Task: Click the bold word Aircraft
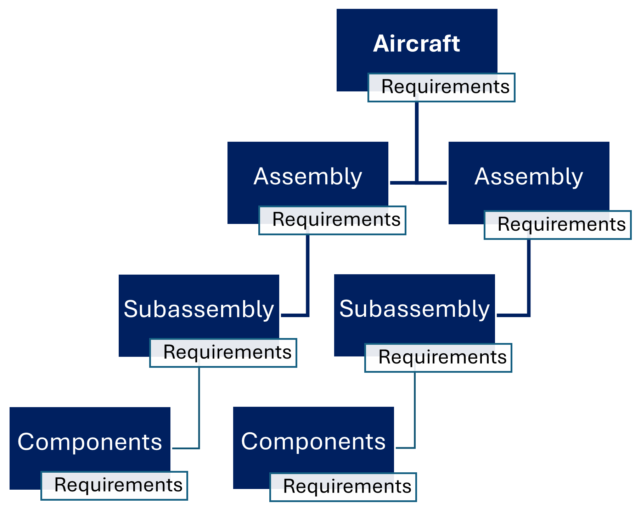(x=417, y=44)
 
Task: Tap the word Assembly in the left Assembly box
(x=308, y=176)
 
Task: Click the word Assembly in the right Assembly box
(x=529, y=176)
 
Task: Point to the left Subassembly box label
(x=199, y=309)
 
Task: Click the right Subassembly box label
(x=415, y=309)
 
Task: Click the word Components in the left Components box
(x=90, y=442)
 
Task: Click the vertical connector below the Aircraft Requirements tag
(x=417, y=142)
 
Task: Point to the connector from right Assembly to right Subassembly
(x=529, y=276)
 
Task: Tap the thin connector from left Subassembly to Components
(x=199, y=407)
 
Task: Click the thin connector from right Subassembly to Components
(x=415, y=411)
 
